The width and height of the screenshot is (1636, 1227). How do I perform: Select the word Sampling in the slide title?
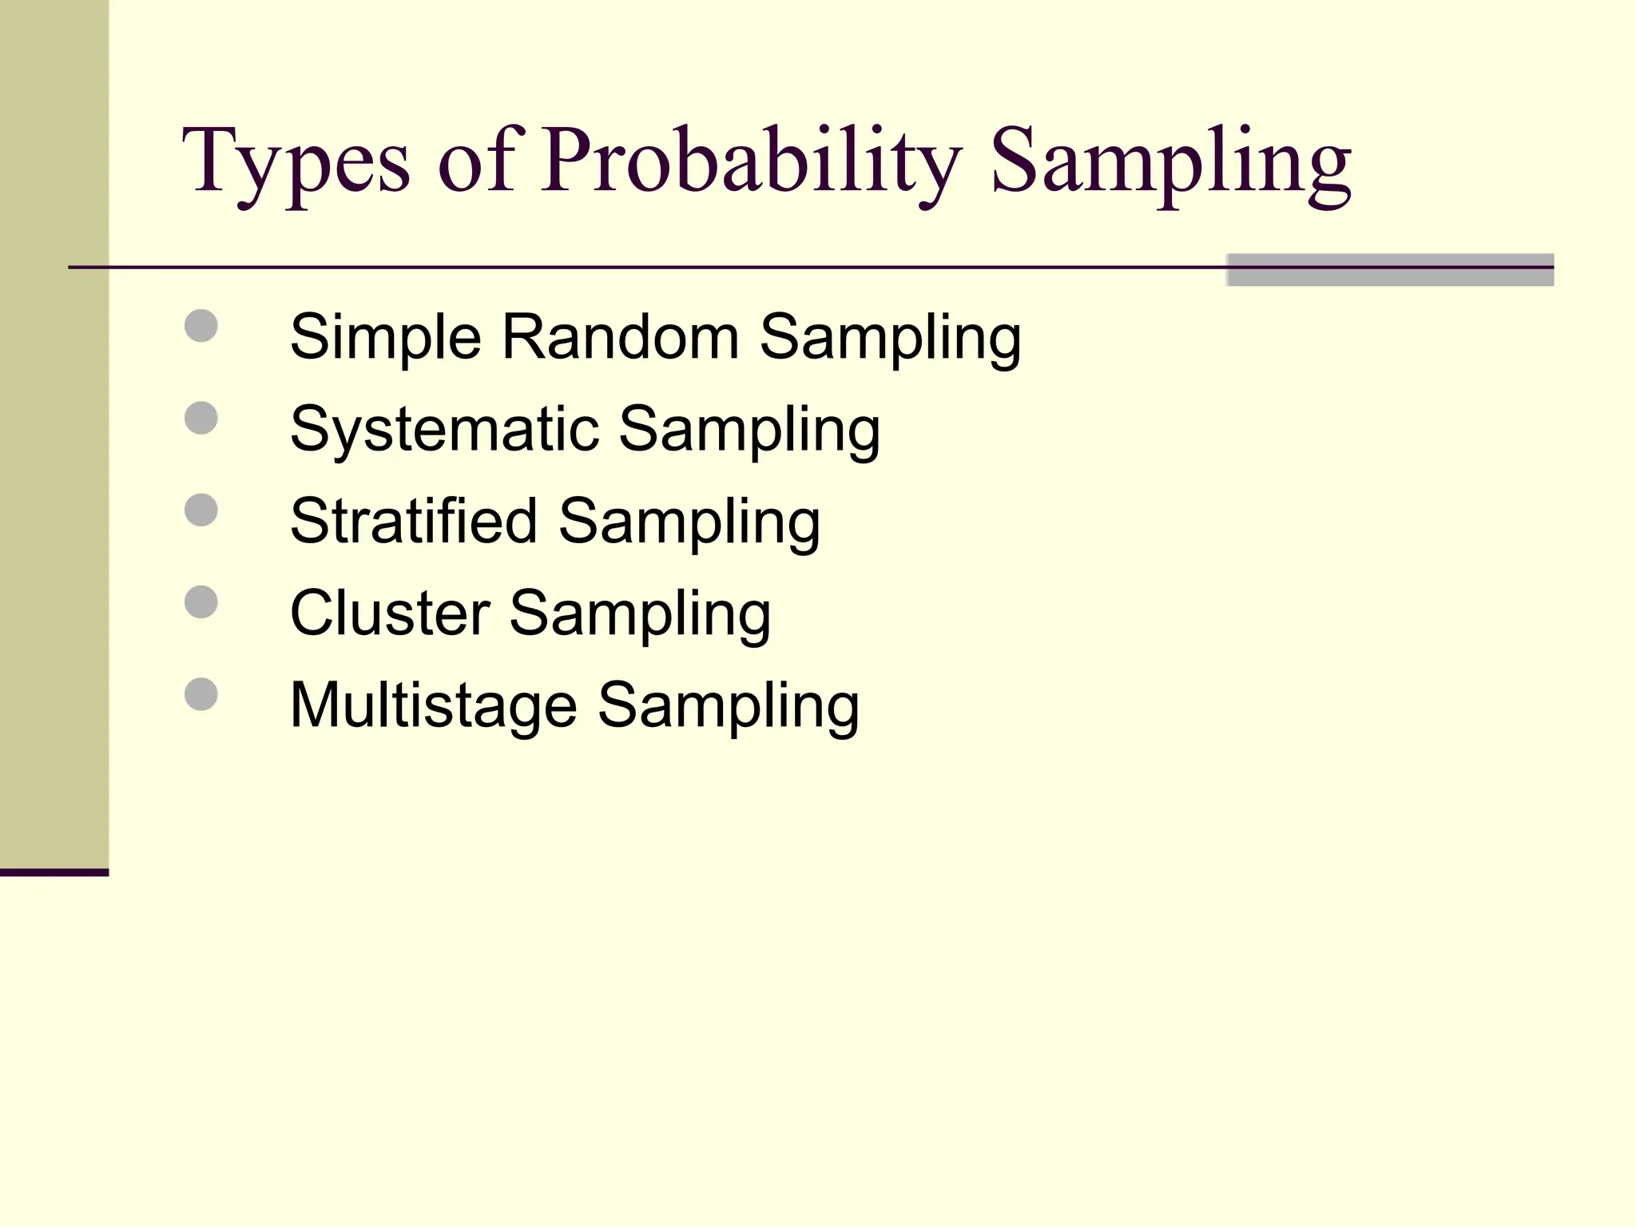click(1170, 164)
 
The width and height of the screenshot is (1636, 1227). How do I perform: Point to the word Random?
click(620, 337)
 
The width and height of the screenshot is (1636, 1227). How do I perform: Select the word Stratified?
click(413, 522)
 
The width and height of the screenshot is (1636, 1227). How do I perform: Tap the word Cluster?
click(390, 613)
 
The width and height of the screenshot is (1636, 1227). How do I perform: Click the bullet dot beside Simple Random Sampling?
click(201, 326)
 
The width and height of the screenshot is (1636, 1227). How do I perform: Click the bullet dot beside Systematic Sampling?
click(201, 418)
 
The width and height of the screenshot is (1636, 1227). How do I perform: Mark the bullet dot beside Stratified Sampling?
click(201, 510)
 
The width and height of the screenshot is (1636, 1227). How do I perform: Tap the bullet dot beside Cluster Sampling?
click(201, 602)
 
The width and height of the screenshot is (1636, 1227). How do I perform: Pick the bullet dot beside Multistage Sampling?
click(201, 694)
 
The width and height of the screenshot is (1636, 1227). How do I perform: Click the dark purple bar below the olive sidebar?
click(54, 872)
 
